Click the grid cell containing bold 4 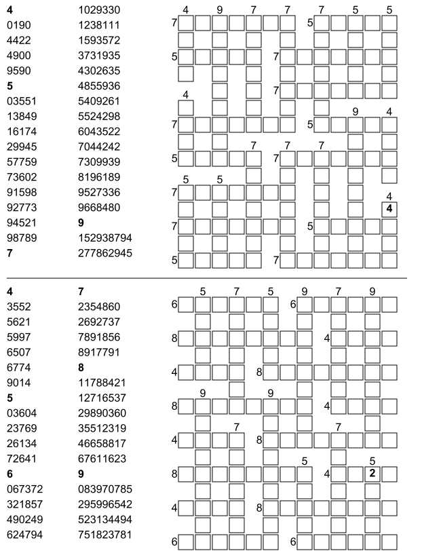(389, 209)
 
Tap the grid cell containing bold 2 (372, 474)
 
